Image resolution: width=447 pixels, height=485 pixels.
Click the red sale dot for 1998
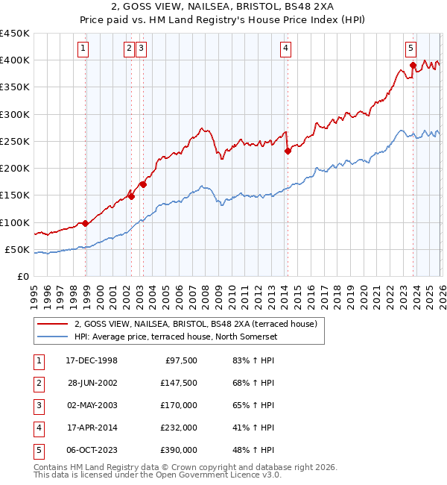[86, 223]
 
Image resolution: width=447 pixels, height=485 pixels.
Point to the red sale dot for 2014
[288, 151]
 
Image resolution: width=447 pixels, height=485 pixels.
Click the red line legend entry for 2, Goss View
[196, 324]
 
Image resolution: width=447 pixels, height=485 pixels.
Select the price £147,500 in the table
[178, 383]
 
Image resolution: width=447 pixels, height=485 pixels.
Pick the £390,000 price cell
[178, 450]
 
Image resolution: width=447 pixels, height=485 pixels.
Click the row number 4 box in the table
[37, 428]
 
